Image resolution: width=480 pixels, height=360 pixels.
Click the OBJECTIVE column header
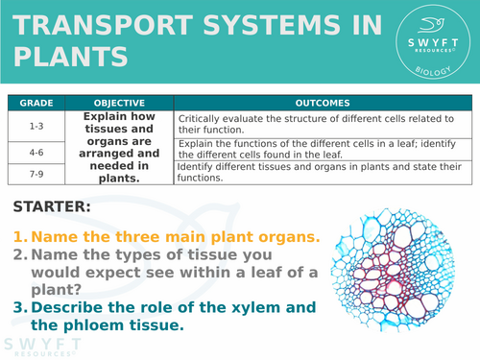[x=120, y=102]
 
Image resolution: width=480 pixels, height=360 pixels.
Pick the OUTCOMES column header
[x=324, y=102]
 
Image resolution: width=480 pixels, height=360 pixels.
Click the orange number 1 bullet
[x=18, y=237]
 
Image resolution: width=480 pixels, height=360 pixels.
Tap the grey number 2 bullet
[x=18, y=254]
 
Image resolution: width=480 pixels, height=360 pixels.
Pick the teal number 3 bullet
[x=18, y=307]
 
